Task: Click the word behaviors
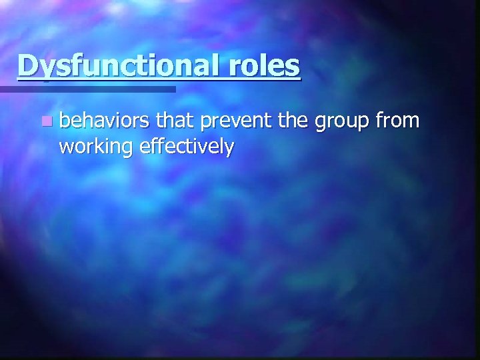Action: (x=105, y=121)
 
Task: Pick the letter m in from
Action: (x=412, y=123)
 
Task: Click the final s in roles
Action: (x=294, y=67)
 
